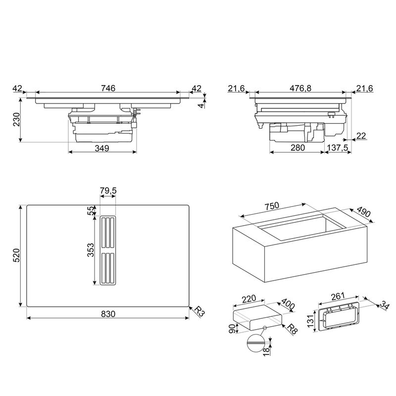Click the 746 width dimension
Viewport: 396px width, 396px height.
click(x=108, y=88)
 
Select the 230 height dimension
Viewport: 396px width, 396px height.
click(x=16, y=120)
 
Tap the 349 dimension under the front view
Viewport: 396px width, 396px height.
click(x=102, y=148)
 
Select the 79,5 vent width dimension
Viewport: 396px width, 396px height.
click(x=108, y=191)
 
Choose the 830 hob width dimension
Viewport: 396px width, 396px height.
click(x=108, y=313)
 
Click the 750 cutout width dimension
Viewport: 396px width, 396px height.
click(x=272, y=206)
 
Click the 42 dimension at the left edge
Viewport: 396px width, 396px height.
click(x=18, y=88)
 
